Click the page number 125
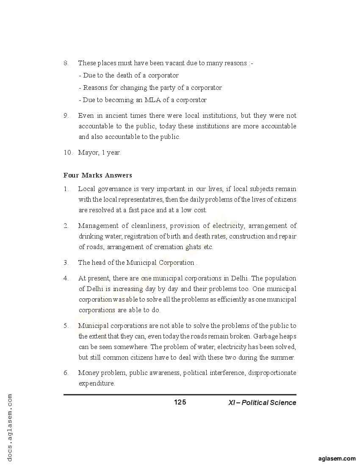[180, 402]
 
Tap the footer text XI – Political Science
[262, 403]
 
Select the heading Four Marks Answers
[97, 175]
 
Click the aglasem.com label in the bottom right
[337, 458]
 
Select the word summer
[282, 357]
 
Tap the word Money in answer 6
[88, 373]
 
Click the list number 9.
[66, 116]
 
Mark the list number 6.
[66, 373]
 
